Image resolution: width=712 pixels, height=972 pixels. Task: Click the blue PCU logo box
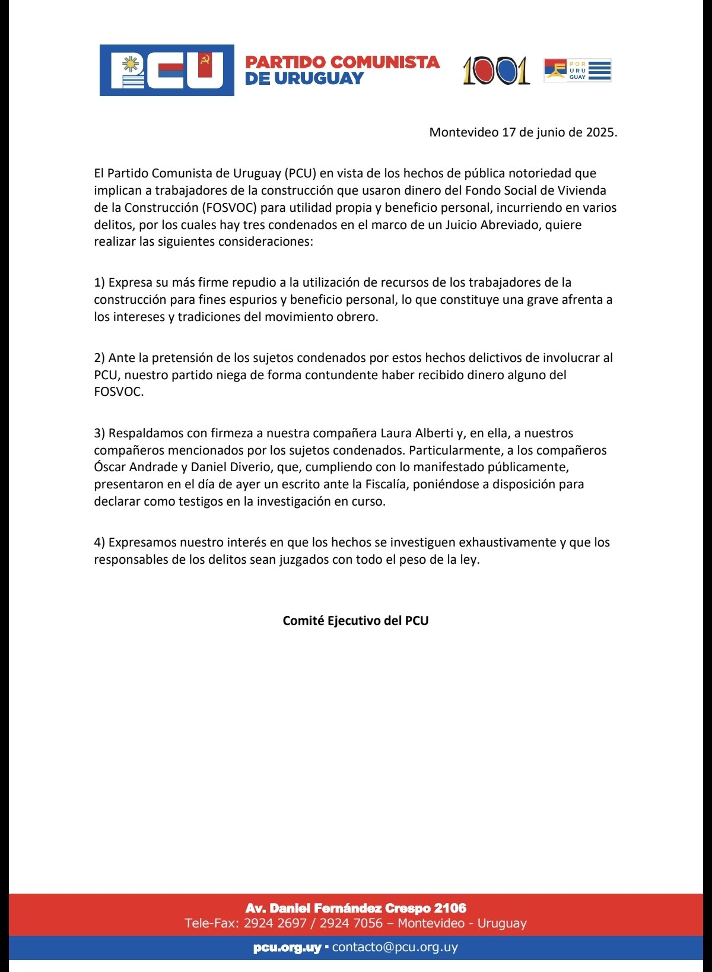pyautogui.click(x=167, y=70)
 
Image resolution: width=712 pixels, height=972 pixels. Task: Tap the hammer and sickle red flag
pyautogui.click(x=205, y=65)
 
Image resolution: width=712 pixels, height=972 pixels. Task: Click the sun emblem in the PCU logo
pyautogui.click(x=131, y=63)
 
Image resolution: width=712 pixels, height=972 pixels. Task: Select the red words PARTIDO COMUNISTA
pyautogui.click(x=342, y=62)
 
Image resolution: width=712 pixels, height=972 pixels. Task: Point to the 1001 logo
pyautogui.click(x=496, y=71)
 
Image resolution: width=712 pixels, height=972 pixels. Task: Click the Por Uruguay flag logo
pyautogui.click(x=577, y=70)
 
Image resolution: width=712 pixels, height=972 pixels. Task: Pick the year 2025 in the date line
pyautogui.click(x=600, y=132)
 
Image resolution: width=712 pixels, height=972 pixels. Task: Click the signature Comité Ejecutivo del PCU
pyautogui.click(x=355, y=621)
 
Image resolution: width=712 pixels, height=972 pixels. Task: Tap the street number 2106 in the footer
pyautogui.click(x=450, y=908)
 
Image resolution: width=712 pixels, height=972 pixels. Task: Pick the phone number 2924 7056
pyautogui.click(x=351, y=923)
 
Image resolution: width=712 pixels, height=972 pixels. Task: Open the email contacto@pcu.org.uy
pyautogui.click(x=395, y=947)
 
